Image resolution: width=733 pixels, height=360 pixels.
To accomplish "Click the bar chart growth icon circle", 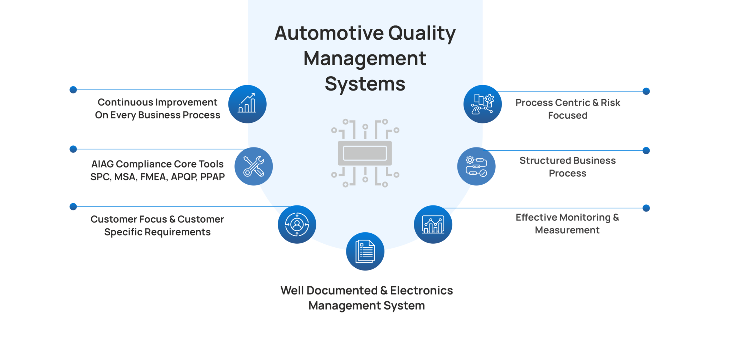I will click(247, 104).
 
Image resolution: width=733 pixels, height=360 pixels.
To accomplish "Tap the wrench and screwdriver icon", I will click(253, 166).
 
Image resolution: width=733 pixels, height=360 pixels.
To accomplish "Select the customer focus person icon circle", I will click(297, 224).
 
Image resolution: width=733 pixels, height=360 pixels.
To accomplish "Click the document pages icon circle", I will click(365, 251).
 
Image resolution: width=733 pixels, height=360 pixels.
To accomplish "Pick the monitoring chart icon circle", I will click(433, 224).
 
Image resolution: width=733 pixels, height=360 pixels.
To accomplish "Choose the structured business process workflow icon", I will click(476, 166).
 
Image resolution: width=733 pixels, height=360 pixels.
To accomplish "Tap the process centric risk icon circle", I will click(482, 104).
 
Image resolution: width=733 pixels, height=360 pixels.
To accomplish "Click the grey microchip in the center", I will click(365, 154).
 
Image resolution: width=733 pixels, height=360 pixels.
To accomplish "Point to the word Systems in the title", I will click(365, 84).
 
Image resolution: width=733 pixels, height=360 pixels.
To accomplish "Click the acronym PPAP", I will click(213, 177).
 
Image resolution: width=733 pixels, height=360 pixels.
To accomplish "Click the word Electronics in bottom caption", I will click(421, 291).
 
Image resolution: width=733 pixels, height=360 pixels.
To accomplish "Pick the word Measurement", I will click(567, 230).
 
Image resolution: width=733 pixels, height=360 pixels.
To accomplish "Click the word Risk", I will click(610, 103).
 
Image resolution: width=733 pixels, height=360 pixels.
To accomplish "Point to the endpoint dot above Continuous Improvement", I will click(73, 90).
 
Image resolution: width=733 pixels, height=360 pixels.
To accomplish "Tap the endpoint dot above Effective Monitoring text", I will click(646, 208).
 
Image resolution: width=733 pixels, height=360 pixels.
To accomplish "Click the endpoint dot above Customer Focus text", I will click(73, 206).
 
